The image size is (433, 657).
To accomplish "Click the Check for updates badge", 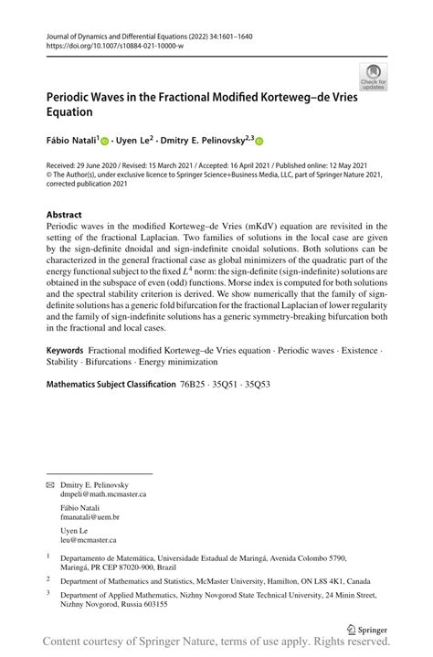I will click(x=373, y=76).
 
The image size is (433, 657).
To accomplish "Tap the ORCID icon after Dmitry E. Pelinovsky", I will click(x=259, y=141).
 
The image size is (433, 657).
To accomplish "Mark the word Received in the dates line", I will click(x=62, y=165).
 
